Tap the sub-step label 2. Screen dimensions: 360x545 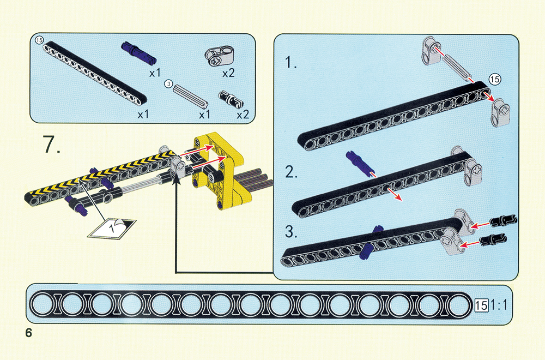pos(292,173)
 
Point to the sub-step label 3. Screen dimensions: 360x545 pos(292,232)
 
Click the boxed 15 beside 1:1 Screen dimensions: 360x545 pos(482,305)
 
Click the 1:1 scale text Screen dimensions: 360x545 pos(498,305)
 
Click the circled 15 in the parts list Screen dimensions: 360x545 pos(39,40)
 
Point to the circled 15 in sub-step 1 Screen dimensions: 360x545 pos(494,79)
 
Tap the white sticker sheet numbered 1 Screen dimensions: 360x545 pos(112,227)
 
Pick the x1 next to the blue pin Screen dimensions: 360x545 pos(154,72)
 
